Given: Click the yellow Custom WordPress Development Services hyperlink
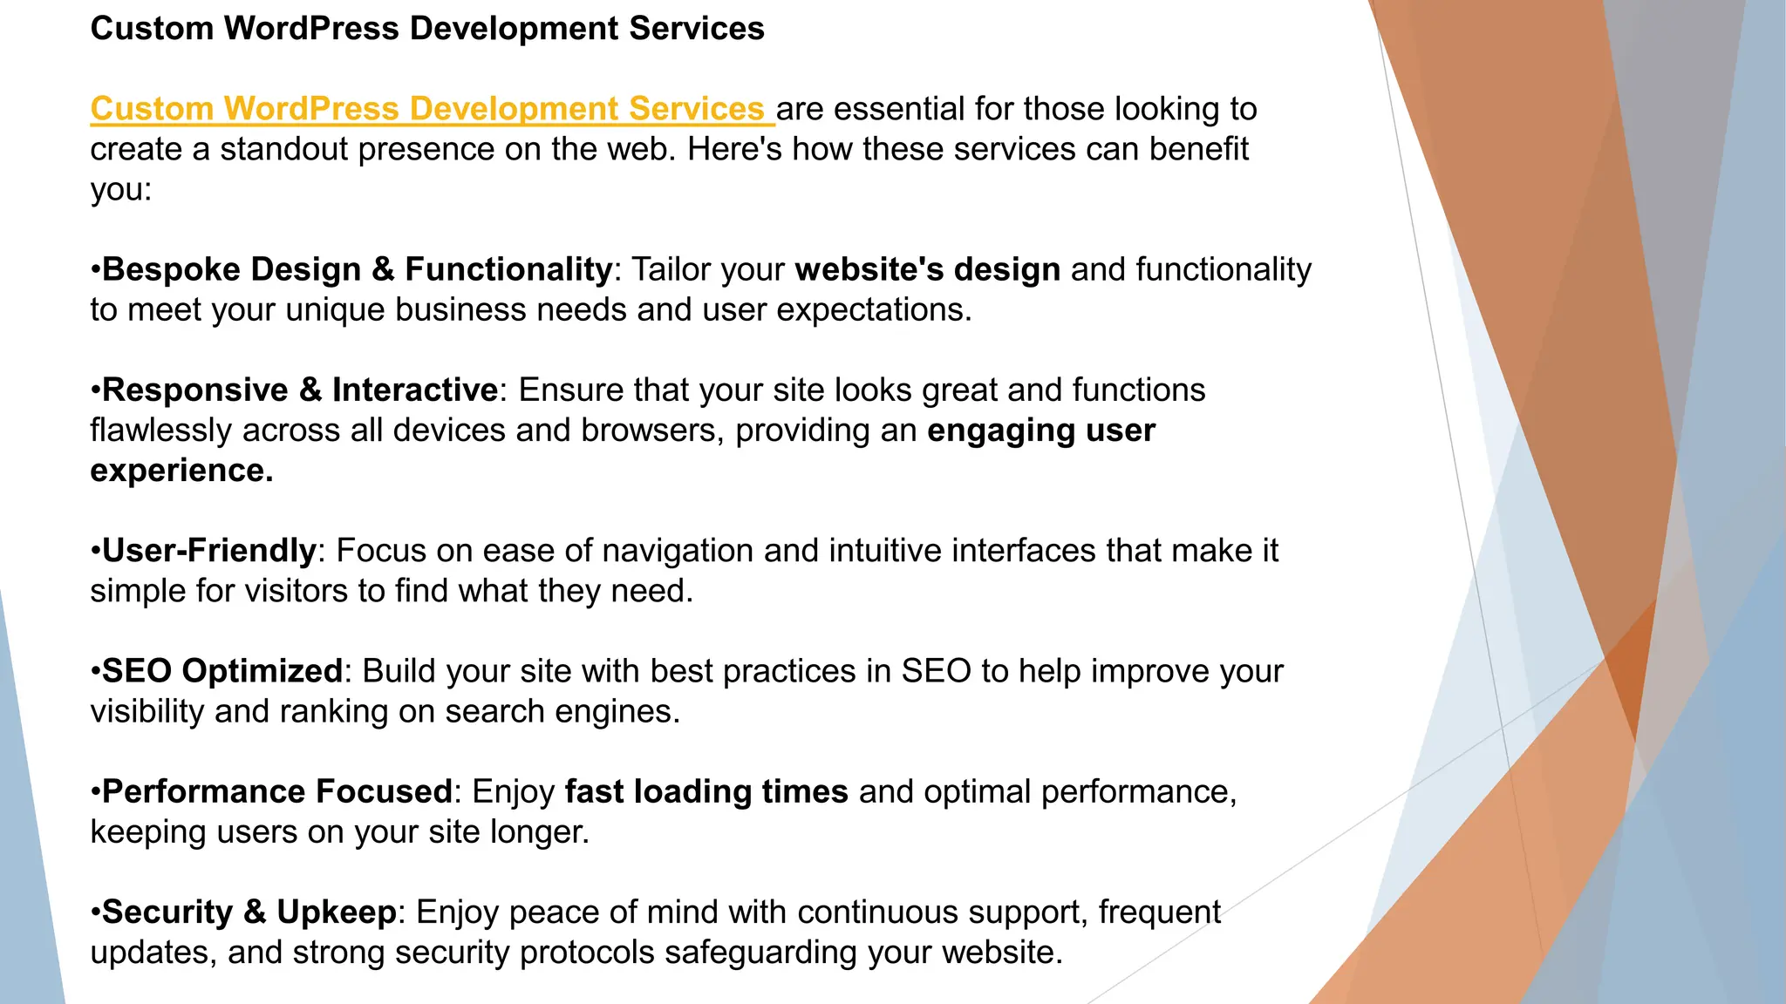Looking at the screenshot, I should pyautogui.click(x=427, y=109).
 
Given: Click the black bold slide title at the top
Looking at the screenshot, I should pyautogui.click(x=427, y=29).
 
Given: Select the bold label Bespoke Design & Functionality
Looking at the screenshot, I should pyautogui.click(x=357, y=269).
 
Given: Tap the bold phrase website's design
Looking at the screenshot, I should pyautogui.click(x=928, y=269).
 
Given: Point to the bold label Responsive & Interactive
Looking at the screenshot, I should pyautogui.click(x=300, y=390).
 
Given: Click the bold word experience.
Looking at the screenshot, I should pyautogui.click(x=181, y=471).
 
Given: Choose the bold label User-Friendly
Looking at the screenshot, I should pyautogui.click(x=209, y=551).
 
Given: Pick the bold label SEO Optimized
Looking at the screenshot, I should pyautogui.click(x=222, y=671).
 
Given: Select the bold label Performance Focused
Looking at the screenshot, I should pyautogui.click(x=277, y=791).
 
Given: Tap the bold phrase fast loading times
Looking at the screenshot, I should pyautogui.click(x=706, y=791).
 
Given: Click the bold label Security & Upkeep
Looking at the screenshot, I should pyautogui.click(x=249, y=912).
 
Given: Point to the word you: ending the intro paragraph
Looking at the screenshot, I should pyautogui.click(x=121, y=190).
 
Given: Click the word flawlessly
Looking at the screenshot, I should pyautogui.click(x=161, y=431).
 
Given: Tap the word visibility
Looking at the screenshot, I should pyautogui.click(x=147, y=711).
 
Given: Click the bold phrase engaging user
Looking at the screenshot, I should pyautogui.click(x=1041, y=431).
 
